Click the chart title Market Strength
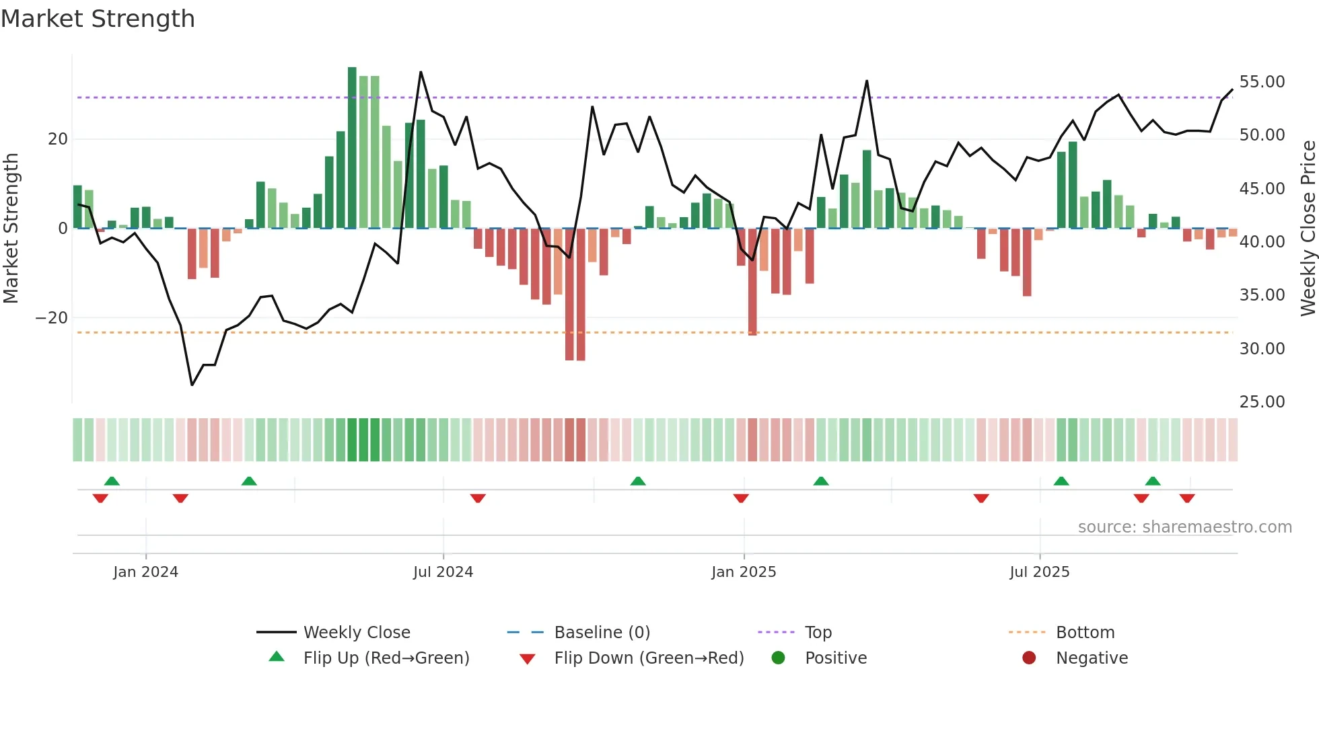pos(98,19)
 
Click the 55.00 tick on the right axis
pos(1262,82)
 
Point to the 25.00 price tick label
pos(1262,402)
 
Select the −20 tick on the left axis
pos(52,318)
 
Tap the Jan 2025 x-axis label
pos(744,572)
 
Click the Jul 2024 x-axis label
pos(443,572)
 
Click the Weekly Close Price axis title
pos(1308,229)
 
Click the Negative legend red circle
pos(1029,658)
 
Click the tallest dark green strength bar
pos(352,148)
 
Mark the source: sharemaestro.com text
pos(1184,527)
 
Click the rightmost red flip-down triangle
pos(1187,498)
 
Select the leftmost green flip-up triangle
pos(112,481)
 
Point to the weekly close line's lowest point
pos(192,385)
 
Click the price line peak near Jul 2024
pos(421,72)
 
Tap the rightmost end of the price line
pos(1232,89)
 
